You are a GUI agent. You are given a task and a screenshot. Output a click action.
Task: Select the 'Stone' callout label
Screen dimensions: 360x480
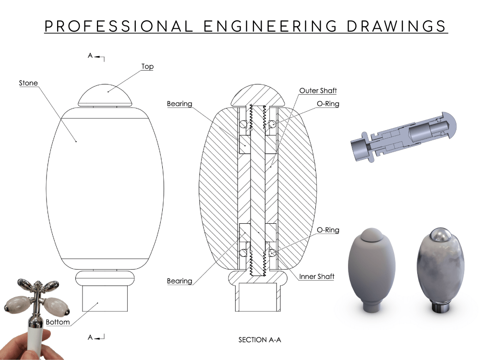click(x=28, y=83)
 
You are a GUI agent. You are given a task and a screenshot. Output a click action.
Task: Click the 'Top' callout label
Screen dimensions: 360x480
click(x=147, y=66)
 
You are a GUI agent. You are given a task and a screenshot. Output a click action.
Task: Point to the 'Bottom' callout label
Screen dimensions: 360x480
click(x=58, y=322)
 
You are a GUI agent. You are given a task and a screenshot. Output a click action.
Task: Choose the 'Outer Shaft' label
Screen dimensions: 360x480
click(x=318, y=90)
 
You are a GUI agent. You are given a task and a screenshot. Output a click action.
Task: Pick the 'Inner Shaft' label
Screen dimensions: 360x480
click(x=317, y=276)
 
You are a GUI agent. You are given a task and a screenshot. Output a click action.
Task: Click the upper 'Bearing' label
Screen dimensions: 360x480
click(x=180, y=104)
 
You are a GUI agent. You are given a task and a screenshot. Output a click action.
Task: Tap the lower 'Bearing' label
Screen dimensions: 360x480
click(x=180, y=281)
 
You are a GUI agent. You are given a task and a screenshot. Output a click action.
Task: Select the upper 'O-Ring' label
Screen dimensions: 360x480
click(x=328, y=104)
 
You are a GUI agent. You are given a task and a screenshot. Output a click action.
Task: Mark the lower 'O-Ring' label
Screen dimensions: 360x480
click(x=328, y=230)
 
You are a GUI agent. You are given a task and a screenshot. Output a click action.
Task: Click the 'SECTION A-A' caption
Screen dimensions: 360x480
click(x=260, y=340)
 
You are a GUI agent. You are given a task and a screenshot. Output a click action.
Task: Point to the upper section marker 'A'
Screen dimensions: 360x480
click(x=90, y=56)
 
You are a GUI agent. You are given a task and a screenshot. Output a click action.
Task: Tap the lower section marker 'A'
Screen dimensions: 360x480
click(x=90, y=337)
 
